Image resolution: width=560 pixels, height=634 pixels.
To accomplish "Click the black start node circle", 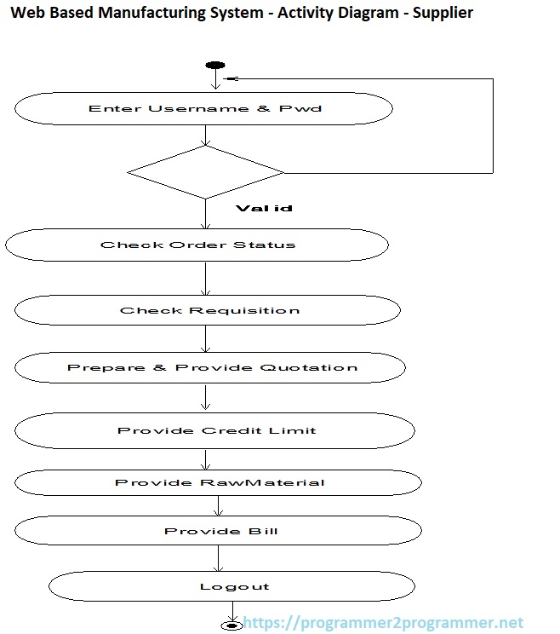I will pos(214,66).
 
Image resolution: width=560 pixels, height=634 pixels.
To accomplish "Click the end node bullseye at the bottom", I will pos(231,625).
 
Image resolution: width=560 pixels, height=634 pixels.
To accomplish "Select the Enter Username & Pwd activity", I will pos(204,109).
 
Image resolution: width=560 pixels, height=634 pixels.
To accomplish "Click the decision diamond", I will pos(205,172).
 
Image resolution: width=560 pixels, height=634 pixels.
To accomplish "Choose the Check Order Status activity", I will pos(197,245).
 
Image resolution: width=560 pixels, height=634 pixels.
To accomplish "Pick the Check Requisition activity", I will pos(209,310).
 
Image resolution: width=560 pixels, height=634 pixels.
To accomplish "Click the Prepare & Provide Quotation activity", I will pos(211,367).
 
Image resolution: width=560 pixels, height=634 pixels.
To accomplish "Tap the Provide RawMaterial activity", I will pos(219,482).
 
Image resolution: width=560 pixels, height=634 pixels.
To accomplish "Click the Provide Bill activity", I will pos(220,531).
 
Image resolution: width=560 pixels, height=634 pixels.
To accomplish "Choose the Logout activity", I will pos(232,586).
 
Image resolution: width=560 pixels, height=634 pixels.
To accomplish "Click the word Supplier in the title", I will pos(443,13).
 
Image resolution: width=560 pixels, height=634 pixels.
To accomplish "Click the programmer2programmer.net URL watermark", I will pos(384,624).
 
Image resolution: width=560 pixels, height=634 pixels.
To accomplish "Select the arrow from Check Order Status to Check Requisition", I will pos(205,278).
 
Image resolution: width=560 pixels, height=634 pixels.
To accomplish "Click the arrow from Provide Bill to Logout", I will pos(219,558).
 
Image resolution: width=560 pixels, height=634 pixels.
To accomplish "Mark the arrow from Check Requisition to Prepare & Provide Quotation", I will pos(205,338).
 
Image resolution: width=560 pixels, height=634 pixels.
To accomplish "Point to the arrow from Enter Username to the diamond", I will pos(205,135).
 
